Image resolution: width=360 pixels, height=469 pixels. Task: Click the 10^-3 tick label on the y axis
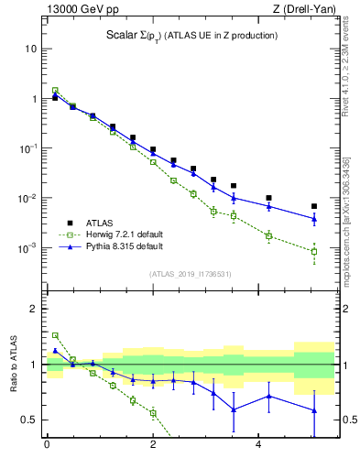(x=27, y=248)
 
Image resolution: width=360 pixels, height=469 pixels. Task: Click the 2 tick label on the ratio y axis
(x=32, y=309)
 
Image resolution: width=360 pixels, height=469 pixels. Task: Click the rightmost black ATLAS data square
(x=314, y=206)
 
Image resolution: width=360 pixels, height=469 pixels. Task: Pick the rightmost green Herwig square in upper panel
(x=314, y=251)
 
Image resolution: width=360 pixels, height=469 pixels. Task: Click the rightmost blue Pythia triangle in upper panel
(x=314, y=219)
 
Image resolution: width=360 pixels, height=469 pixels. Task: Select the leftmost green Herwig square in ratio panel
(x=55, y=335)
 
